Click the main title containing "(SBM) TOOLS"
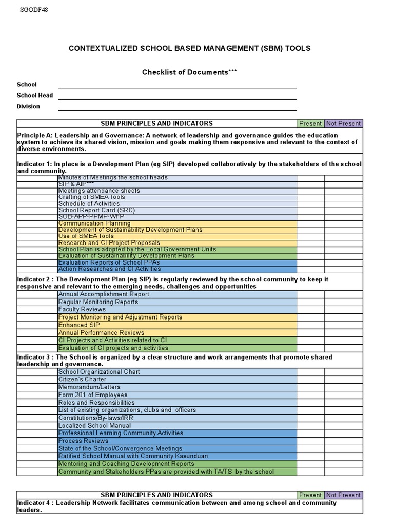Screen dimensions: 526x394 click(x=190, y=48)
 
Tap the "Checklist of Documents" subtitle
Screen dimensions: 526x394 click(x=190, y=72)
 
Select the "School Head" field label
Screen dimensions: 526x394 click(x=35, y=96)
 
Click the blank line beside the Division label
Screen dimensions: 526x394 click(x=177, y=107)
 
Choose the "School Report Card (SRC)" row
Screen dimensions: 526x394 click(x=97, y=211)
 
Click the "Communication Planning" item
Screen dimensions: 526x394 click(x=95, y=223)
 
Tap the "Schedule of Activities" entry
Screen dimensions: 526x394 click(x=89, y=204)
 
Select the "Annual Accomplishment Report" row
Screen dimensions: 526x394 click(x=104, y=294)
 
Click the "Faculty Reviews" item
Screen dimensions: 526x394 click(x=82, y=310)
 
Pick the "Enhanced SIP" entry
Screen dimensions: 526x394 click(x=80, y=325)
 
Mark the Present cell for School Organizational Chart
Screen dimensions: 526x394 click(x=310, y=372)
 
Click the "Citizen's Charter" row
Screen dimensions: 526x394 click(x=83, y=380)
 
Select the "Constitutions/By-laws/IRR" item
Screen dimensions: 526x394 click(x=95, y=418)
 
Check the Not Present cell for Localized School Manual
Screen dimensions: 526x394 click(x=343, y=426)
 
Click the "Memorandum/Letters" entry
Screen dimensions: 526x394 click(x=90, y=387)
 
